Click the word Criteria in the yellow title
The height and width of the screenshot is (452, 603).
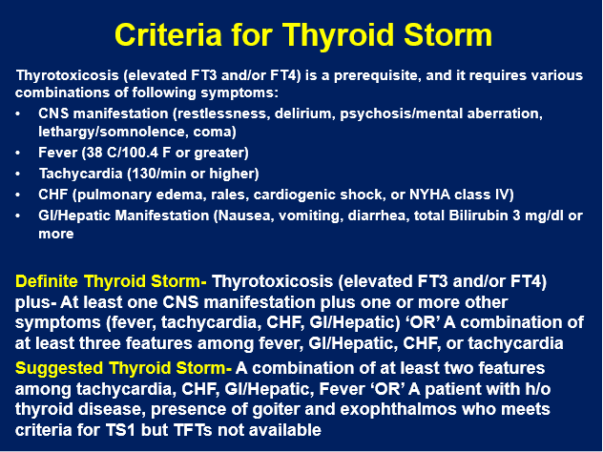point(168,35)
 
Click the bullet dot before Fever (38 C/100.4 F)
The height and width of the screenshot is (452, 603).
point(18,153)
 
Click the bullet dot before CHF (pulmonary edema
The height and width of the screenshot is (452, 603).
point(18,195)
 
